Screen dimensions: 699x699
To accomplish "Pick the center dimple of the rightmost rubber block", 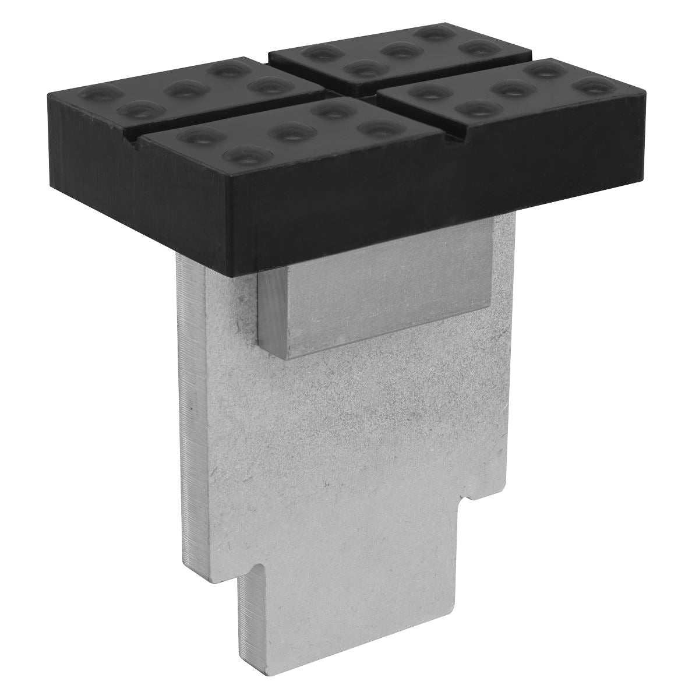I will point(510,88).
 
